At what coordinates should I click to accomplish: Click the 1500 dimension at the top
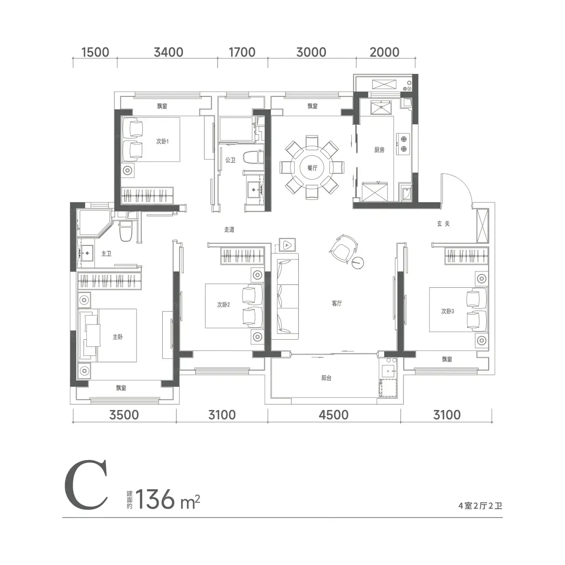95,52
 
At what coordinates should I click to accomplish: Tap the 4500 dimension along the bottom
334,415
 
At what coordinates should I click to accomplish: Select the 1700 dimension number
242,52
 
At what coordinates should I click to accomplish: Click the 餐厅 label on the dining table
312,168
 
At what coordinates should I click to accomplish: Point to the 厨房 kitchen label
379,150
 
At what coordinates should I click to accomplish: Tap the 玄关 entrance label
443,224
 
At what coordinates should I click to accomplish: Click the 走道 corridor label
229,230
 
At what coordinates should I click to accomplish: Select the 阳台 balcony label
326,378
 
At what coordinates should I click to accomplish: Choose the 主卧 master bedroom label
117,337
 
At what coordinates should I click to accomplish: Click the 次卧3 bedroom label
448,311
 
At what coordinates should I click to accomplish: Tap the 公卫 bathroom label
230,160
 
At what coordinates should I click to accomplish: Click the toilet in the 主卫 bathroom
126,231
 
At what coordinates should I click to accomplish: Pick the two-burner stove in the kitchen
403,144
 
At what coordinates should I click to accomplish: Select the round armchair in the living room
343,249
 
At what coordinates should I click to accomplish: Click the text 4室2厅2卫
480,506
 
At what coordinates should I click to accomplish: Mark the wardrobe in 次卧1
147,195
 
